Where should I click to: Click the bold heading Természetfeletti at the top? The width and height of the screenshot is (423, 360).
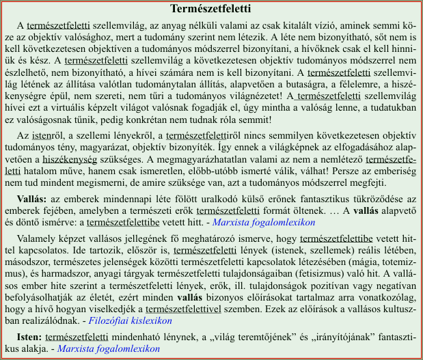click(x=210, y=10)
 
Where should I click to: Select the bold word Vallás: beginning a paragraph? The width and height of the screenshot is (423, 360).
click(x=32, y=198)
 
